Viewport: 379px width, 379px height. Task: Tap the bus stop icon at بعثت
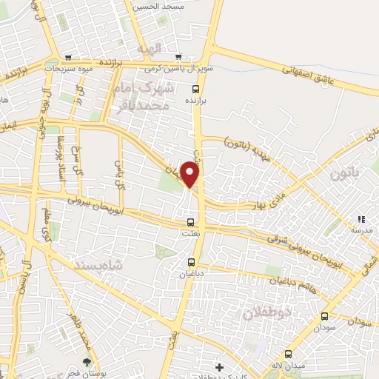coord(191,222)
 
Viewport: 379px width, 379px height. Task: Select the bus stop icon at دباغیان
coord(192,262)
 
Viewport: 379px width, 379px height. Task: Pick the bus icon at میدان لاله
coord(288,354)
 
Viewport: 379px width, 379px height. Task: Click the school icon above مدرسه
coord(361,219)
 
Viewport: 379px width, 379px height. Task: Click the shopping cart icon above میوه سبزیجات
coord(68,57)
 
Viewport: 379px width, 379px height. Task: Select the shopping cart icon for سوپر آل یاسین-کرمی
coord(178,57)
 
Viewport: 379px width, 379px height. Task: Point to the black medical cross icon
coord(218,366)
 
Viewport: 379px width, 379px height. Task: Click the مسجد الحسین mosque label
coord(156,6)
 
